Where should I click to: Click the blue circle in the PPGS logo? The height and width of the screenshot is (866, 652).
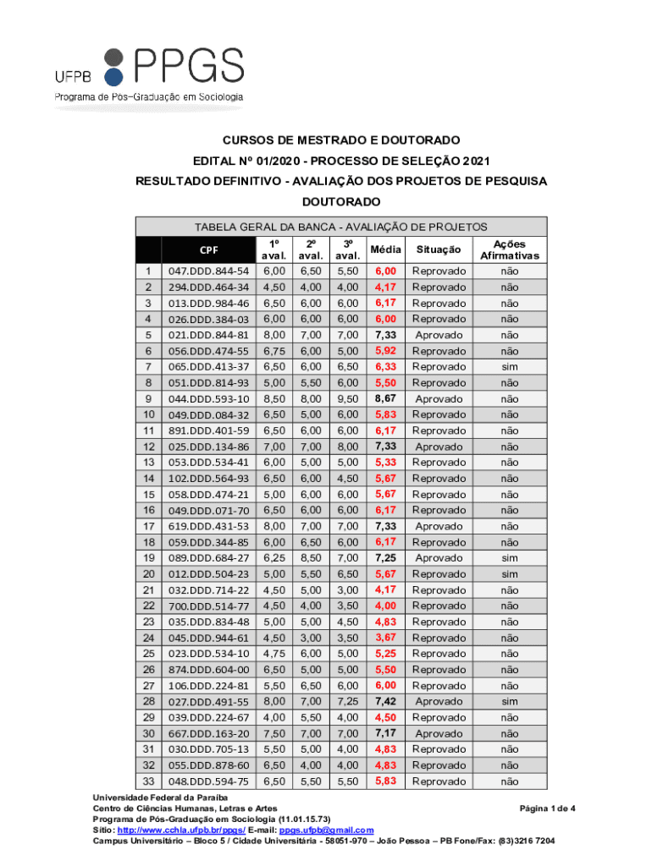click(113, 79)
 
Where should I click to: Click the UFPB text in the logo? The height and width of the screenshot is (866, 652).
click(73, 76)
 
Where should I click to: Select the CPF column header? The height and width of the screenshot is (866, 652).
click(208, 249)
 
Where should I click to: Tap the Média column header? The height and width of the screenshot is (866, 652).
click(384, 249)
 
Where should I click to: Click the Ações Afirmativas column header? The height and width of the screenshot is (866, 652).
click(509, 249)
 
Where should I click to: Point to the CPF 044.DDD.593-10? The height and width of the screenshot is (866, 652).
click(208, 398)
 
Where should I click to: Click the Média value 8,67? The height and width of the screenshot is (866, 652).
click(384, 398)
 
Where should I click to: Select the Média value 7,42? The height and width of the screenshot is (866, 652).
click(384, 701)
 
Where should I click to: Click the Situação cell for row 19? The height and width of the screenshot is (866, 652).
click(439, 558)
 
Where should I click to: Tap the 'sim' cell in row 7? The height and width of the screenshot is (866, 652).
click(509, 366)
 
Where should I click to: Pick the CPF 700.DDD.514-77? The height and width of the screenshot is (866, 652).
click(208, 606)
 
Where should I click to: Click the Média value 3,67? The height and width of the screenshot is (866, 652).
click(384, 638)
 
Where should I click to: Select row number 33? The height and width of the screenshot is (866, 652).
click(148, 781)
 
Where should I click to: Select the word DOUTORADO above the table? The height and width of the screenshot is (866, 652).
click(341, 202)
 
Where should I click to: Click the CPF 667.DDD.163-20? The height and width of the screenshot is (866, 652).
click(208, 733)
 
